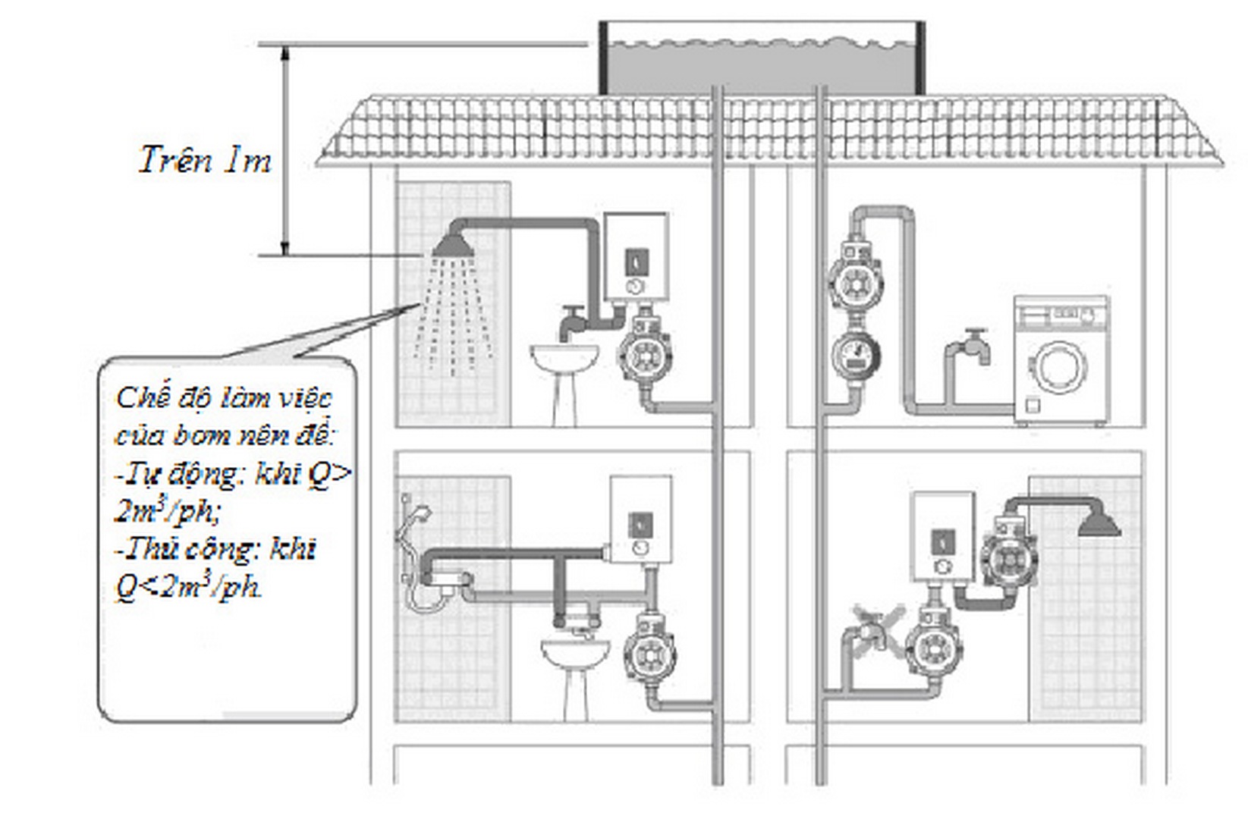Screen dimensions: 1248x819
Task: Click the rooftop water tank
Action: [762, 58]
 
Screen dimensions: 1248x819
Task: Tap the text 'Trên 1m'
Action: [205, 160]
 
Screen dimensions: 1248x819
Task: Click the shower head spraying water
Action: [453, 246]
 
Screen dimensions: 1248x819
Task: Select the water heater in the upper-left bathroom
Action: [637, 256]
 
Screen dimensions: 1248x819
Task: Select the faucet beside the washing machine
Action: [975, 346]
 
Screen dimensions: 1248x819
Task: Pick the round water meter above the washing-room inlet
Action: [856, 355]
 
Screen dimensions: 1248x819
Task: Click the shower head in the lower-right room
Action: [1099, 525]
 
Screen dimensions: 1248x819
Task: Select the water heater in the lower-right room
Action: [943, 538]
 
